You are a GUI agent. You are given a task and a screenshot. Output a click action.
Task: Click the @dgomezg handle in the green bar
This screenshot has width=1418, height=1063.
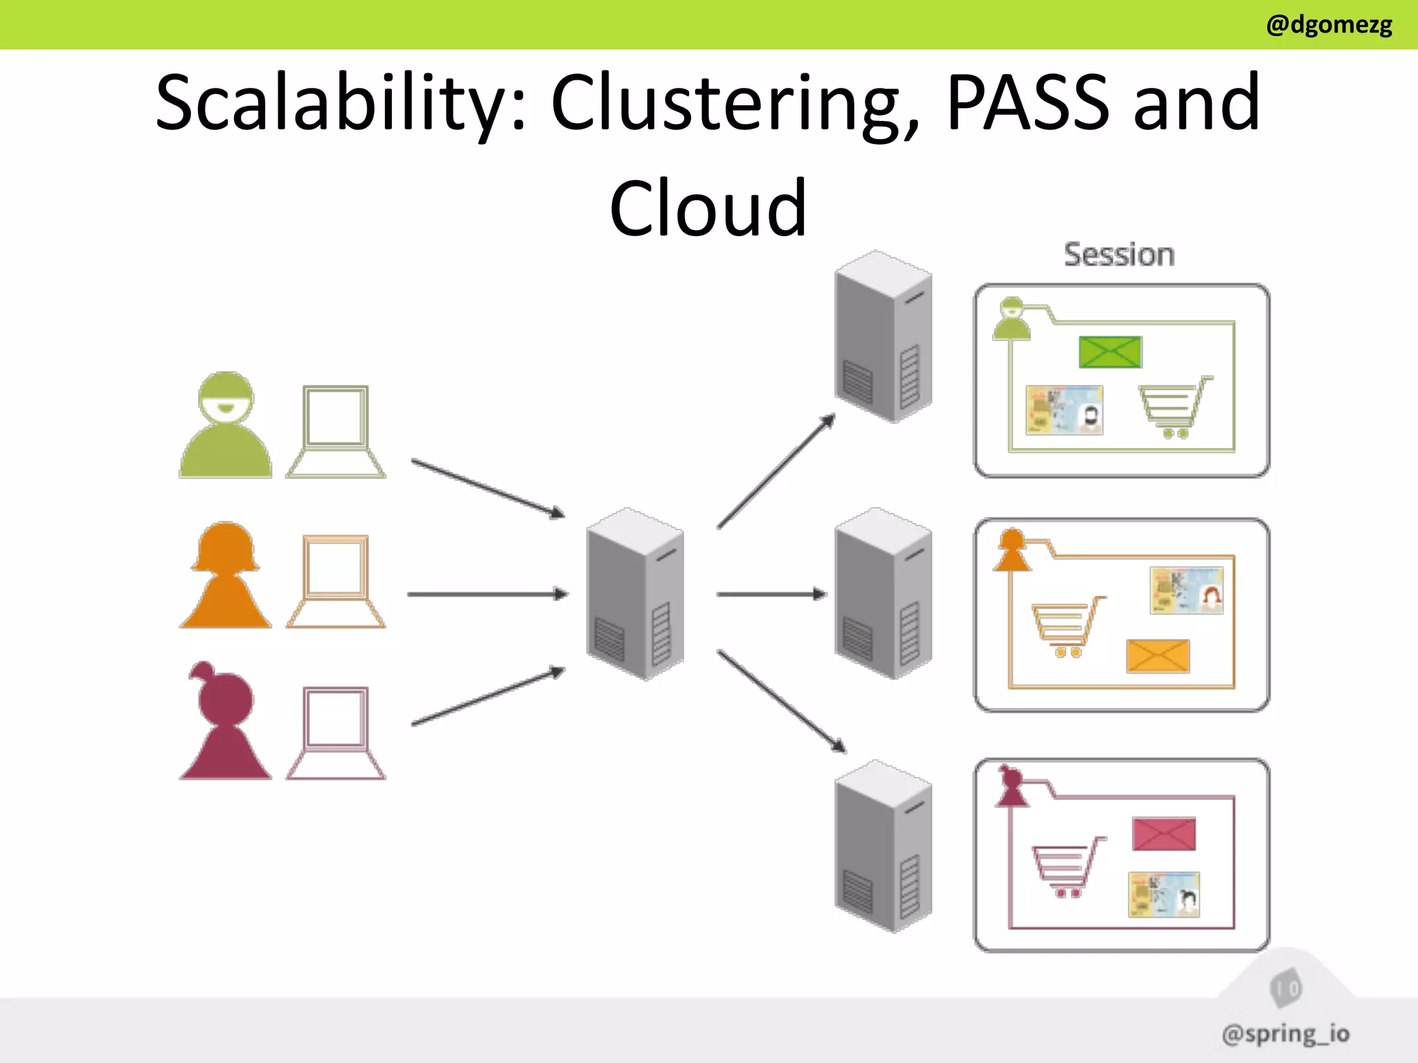[1328, 25]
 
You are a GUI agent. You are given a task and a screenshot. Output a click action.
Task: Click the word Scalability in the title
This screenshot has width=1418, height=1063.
[339, 104]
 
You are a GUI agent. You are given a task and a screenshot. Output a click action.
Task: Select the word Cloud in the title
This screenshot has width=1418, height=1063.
[708, 208]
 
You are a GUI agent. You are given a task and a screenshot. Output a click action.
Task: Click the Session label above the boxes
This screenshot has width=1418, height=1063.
[1119, 255]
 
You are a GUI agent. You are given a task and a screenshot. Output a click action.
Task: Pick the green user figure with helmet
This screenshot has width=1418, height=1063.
[225, 426]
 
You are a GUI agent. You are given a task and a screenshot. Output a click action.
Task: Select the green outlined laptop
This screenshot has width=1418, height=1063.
[336, 432]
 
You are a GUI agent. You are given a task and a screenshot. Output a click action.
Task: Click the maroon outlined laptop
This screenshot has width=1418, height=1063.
[336, 734]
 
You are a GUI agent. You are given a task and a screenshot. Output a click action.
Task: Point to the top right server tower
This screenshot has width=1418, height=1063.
[883, 336]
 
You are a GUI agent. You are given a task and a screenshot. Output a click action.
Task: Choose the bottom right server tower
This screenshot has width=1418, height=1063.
[883, 846]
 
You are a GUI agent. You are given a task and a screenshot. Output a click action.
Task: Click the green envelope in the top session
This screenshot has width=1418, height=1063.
[1110, 352]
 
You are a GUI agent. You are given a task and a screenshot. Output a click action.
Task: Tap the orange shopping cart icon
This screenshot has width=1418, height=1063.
[1067, 626]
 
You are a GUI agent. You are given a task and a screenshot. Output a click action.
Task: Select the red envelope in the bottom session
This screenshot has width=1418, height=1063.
[1163, 834]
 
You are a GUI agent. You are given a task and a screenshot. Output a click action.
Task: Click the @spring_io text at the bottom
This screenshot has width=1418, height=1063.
[1285, 1034]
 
